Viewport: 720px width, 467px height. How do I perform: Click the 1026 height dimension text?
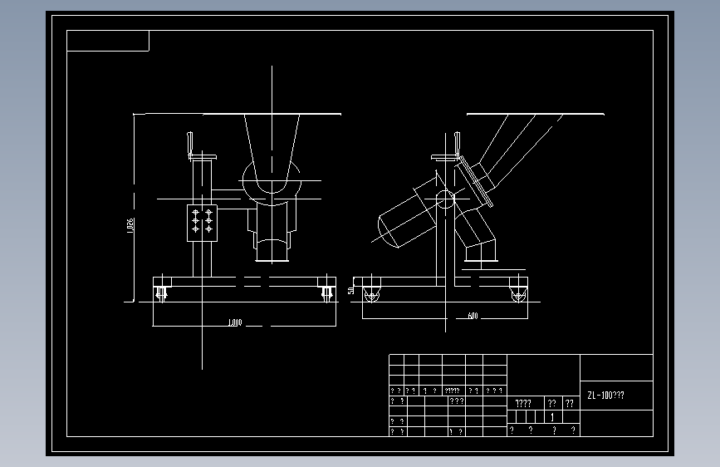130,226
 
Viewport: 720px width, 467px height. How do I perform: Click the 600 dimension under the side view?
473,316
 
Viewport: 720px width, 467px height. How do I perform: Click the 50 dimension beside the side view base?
352,291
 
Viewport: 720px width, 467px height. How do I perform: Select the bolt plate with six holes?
202,222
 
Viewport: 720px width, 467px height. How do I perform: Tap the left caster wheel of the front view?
162,292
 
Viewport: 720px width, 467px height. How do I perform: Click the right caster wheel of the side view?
518,292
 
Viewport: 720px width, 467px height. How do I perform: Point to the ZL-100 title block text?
605,396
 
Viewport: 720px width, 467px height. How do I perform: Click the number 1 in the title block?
552,417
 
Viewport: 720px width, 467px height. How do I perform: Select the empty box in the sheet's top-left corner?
108,41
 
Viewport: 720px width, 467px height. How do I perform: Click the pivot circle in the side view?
446,199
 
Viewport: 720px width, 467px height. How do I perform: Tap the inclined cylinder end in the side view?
389,230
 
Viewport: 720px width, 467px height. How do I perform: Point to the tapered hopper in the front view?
272,145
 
